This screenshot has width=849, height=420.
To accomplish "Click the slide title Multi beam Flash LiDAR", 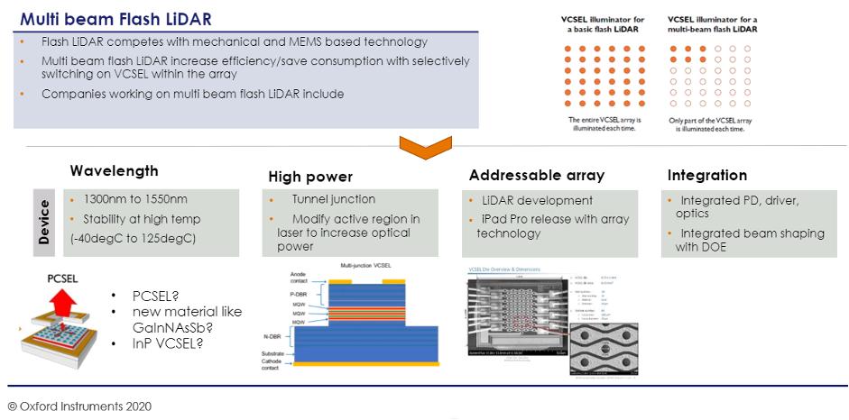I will click(x=116, y=18).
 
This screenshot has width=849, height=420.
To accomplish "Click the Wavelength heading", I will click(x=114, y=170).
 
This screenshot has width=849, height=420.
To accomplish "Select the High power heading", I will click(x=310, y=177).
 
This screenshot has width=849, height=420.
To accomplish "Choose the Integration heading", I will click(x=707, y=175).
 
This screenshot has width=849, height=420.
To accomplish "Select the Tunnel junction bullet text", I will click(x=333, y=199).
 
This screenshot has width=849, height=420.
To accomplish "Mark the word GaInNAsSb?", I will click(x=176, y=327).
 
